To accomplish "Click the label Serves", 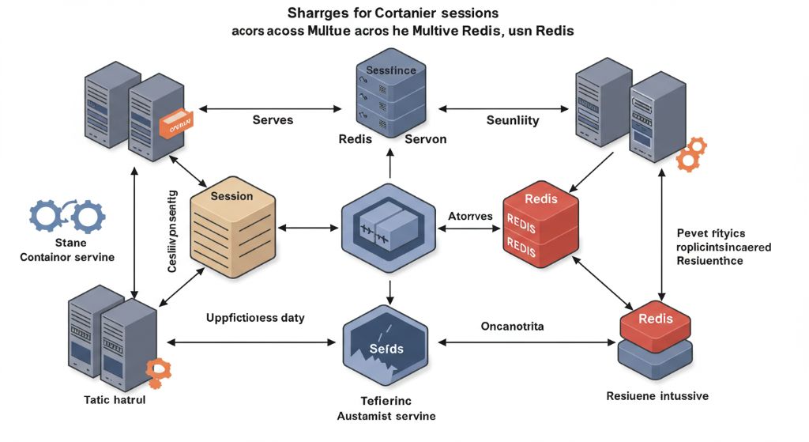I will point(273,120).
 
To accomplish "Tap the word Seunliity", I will point(512,120).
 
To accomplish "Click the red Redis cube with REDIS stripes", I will point(541,226).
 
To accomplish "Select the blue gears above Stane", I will point(66,214).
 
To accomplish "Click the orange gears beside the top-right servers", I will point(691,154).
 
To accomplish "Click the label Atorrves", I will point(470,216).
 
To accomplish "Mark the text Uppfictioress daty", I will point(255,318).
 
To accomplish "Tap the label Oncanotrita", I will point(512,326).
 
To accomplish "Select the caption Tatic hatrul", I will point(115,400).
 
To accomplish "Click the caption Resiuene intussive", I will point(657,395).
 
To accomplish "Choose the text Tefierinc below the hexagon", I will point(386,401).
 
